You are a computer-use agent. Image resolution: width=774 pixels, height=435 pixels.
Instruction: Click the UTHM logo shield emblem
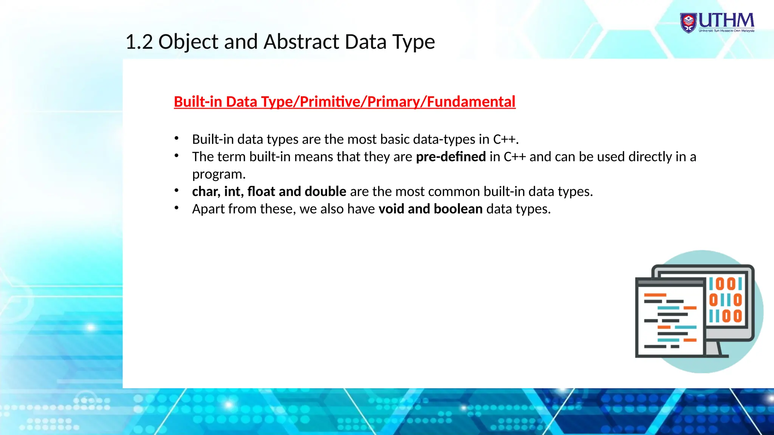(689, 23)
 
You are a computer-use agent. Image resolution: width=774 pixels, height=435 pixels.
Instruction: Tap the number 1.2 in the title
(139, 42)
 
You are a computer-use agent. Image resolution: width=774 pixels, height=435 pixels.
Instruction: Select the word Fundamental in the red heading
(471, 102)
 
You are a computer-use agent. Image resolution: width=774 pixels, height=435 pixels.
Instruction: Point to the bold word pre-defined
(450, 157)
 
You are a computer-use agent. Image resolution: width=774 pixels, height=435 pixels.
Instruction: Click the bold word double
(325, 191)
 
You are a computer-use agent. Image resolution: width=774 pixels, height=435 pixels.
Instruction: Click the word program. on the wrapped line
(219, 174)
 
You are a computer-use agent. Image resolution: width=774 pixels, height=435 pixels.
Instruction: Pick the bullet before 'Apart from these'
(176, 208)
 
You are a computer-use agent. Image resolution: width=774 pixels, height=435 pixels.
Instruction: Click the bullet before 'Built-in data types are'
(176, 138)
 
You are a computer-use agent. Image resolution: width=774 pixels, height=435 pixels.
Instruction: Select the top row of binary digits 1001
(725, 284)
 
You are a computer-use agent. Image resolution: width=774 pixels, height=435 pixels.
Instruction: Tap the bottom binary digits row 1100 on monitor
(725, 316)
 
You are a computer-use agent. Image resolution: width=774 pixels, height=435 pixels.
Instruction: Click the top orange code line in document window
(655, 295)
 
